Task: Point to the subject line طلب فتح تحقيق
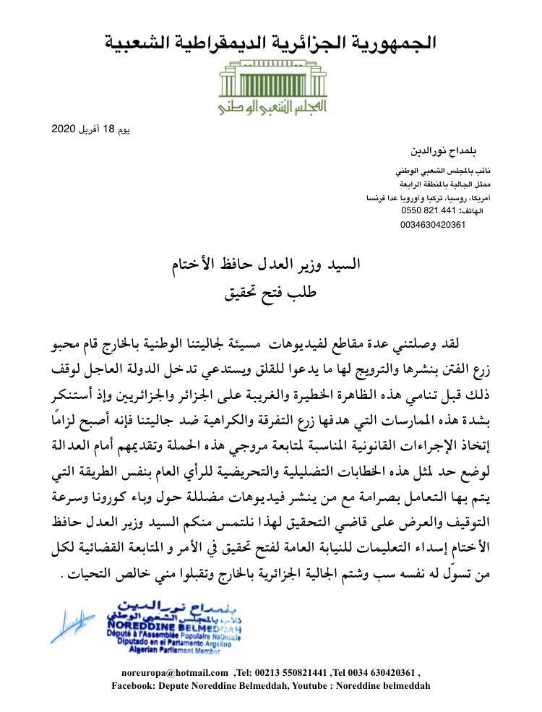(270, 293)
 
